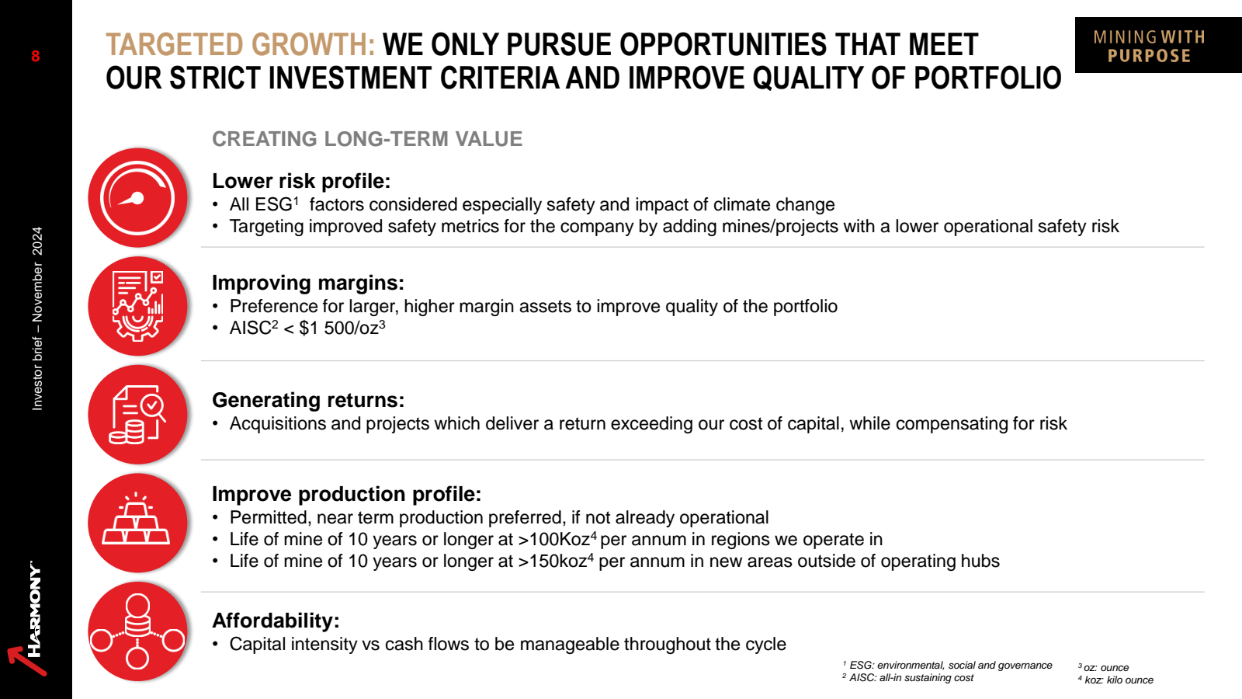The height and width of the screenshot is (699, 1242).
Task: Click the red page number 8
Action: (x=36, y=56)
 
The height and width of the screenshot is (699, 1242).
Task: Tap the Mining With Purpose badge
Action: (x=1158, y=45)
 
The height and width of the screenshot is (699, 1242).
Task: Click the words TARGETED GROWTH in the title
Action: (x=240, y=44)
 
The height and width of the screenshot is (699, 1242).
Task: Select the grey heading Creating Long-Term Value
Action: (x=367, y=139)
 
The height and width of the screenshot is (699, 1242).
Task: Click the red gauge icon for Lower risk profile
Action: (x=137, y=197)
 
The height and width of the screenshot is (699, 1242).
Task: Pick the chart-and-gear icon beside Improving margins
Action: (x=137, y=306)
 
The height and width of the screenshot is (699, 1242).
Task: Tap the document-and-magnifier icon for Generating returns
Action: (x=137, y=415)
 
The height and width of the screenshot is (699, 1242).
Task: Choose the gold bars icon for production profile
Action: (x=137, y=523)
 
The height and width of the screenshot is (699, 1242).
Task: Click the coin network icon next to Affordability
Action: (x=137, y=631)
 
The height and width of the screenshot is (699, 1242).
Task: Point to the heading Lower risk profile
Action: (x=301, y=181)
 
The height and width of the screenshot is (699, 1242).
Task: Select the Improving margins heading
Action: (x=307, y=283)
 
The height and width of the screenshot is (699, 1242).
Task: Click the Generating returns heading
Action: (x=307, y=400)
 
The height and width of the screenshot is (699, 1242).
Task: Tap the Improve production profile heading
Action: (x=346, y=494)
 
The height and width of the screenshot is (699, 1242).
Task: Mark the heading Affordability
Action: (x=276, y=621)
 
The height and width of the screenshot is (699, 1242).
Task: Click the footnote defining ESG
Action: (x=947, y=665)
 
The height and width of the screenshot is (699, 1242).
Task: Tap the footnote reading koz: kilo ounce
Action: (x=1115, y=680)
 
